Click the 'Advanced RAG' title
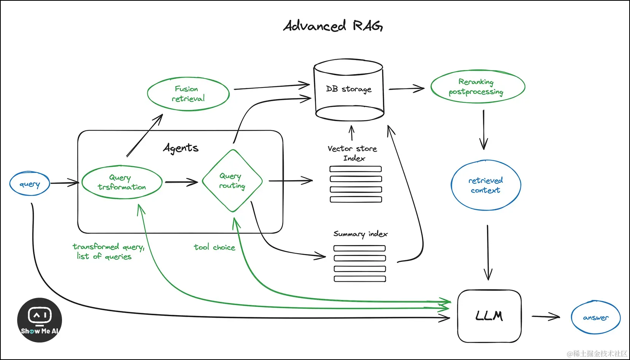coord(333,25)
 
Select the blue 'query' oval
coord(30,184)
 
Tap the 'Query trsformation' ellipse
coord(122,182)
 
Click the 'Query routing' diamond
coord(232,181)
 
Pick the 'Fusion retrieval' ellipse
coord(188,94)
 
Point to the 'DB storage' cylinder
coord(349,90)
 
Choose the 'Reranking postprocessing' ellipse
coord(478,87)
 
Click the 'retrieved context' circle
coord(486,185)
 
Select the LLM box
coord(489,316)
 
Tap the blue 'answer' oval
coord(596,317)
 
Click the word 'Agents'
coord(181,148)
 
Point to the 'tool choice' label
coord(215,247)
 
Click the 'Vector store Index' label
coord(353,153)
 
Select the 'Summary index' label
coord(361,234)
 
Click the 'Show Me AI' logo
coord(40,320)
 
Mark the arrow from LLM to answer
coord(546,316)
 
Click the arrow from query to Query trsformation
coord(65,183)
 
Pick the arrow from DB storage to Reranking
coord(407,89)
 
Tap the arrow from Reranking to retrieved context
coord(484,130)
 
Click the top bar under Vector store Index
coord(355,169)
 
